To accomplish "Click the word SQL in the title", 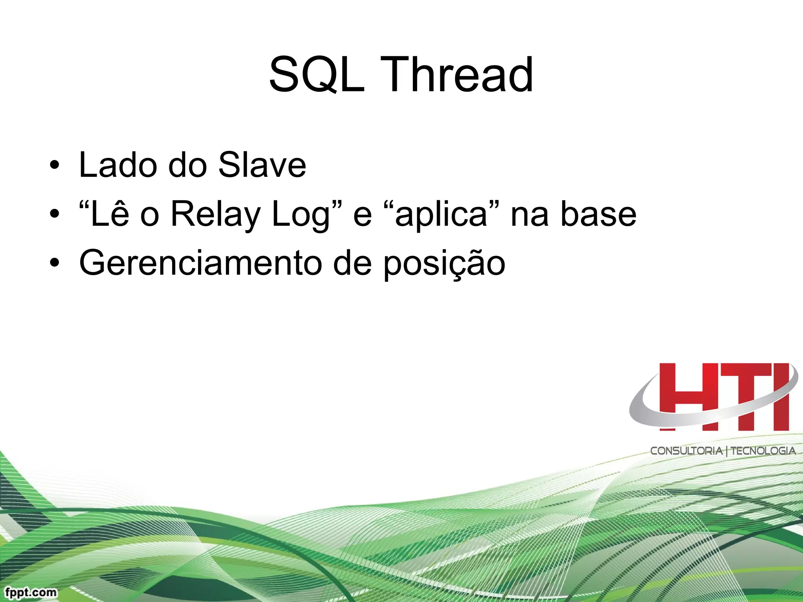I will click(317, 74).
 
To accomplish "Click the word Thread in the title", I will click(457, 74).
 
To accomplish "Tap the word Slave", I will click(262, 165).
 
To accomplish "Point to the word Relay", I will click(216, 214).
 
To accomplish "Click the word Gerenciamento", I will click(200, 263).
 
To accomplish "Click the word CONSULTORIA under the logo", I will click(686, 451).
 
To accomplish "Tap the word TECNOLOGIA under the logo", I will click(763, 451).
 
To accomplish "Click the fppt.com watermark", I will click(31, 592).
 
